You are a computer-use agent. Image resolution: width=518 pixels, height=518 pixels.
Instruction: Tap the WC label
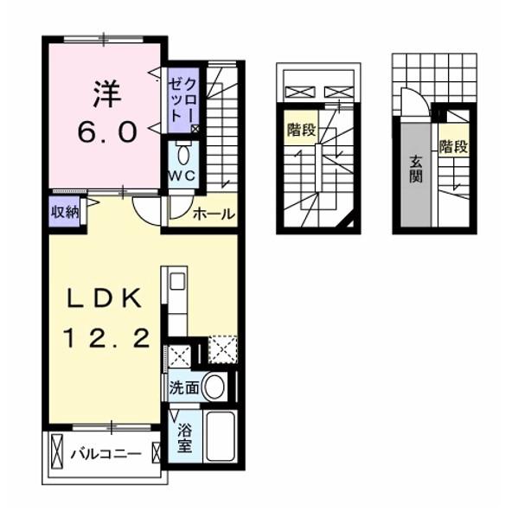tap(182, 175)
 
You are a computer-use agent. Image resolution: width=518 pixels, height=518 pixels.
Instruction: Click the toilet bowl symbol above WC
tap(183, 155)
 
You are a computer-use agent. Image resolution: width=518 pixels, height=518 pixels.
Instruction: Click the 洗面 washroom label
tap(183, 388)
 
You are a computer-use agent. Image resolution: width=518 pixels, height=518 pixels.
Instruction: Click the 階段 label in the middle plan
tap(301, 131)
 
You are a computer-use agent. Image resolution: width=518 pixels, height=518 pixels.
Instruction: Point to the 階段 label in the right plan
tap(451, 146)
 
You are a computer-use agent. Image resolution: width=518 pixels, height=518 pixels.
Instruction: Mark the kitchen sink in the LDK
tap(176, 282)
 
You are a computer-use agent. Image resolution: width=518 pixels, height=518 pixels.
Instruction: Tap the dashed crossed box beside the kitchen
tap(222, 350)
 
